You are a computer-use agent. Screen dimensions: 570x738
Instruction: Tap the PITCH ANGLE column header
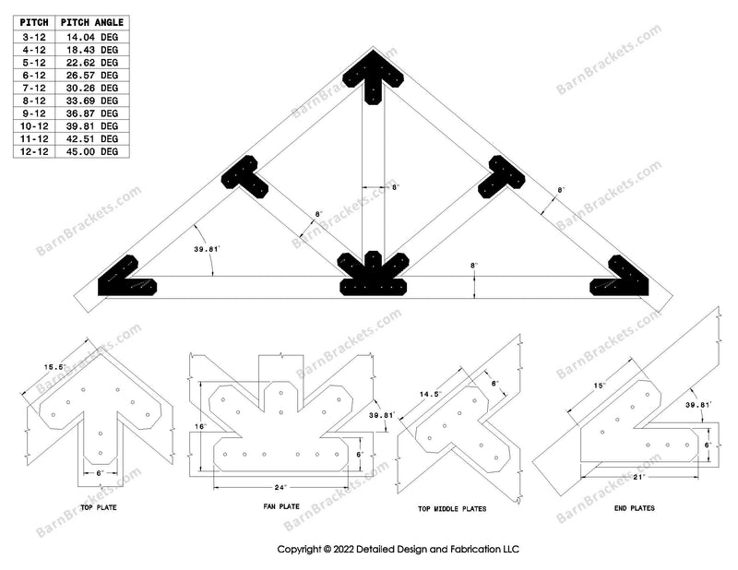(92, 22)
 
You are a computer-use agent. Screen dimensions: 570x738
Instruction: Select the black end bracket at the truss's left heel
(129, 279)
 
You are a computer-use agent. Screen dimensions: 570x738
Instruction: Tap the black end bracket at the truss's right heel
(620, 279)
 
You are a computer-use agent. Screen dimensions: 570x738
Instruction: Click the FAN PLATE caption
(278, 506)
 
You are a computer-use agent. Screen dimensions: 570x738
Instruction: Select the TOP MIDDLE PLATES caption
(454, 508)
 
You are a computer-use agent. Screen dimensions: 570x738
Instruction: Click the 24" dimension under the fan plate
(279, 486)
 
